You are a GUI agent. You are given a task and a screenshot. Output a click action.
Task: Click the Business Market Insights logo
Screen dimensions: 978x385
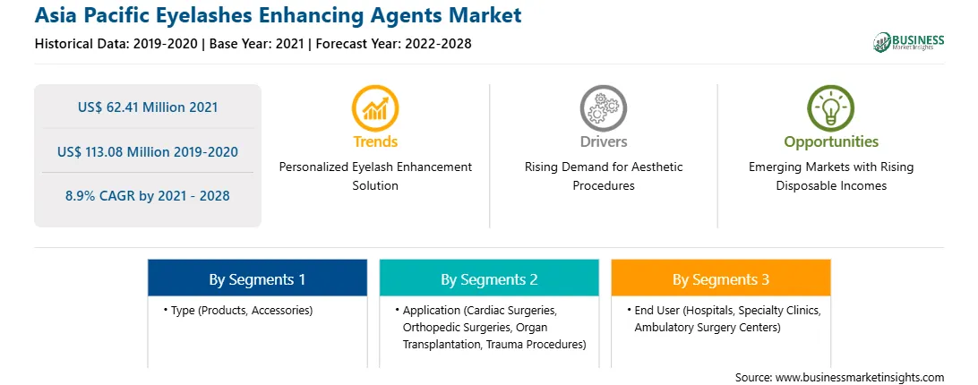(908, 42)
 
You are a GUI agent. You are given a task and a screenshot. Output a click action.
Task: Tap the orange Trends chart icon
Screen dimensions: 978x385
(375, 108)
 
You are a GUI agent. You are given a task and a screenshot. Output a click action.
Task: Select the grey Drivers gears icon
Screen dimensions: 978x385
(603, 108)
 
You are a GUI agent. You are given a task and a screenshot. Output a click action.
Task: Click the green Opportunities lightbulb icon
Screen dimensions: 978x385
(831, 108)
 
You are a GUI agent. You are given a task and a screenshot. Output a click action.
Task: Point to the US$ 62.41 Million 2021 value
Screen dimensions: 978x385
(148, 107)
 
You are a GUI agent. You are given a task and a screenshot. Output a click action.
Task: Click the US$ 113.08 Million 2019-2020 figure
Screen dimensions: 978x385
(148, 151)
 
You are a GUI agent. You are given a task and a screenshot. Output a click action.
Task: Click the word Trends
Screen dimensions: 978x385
(375, 141)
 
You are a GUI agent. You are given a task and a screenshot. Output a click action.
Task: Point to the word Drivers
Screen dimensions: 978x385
(603, 141)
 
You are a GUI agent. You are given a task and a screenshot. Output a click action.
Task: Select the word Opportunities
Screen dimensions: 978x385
(831, 142)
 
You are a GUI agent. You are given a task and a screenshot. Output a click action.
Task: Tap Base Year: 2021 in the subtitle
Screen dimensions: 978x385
(256, 44)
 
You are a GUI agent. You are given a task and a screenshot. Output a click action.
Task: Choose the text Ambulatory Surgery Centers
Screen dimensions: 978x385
(708, 328)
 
